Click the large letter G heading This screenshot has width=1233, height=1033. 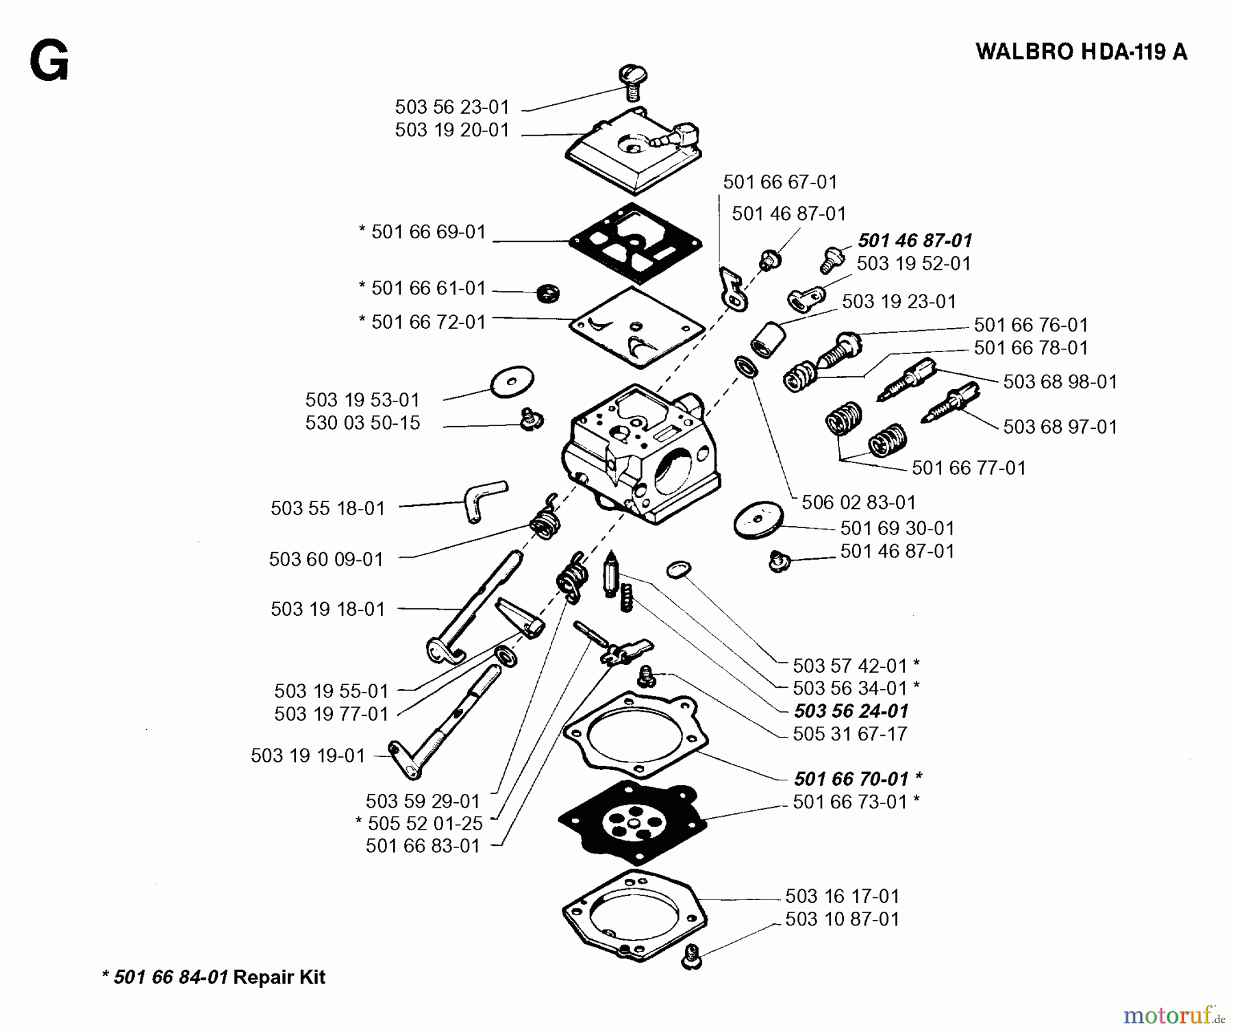coord(49,62)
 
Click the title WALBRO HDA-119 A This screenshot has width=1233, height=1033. coord(1081,52)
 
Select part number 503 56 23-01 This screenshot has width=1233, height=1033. coord(452,107)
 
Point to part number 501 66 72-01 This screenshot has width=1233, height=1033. coord(428,321)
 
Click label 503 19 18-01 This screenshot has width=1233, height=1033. coord(327,609)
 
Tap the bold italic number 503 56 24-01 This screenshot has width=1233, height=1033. coord(851,711)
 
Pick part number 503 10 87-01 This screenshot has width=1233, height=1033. coord(842,919)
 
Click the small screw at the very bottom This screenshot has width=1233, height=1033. coord(691,956)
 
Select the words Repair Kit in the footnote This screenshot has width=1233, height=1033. coord(279,977)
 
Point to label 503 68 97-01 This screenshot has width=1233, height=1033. coord(1060,427)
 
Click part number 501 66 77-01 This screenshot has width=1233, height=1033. coord(969,468)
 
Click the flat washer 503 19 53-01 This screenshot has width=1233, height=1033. coord(512,380)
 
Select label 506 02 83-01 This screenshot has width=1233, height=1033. coord(858,502)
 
